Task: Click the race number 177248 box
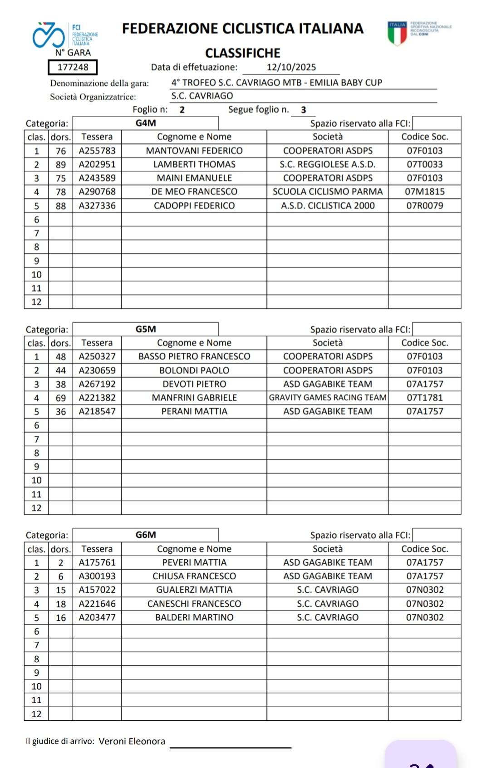point(73,68)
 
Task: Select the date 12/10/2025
point(291,68)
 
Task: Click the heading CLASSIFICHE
point(242,53)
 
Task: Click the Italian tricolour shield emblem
point(397,33)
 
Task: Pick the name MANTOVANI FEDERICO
point(194,151)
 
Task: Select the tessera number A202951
point(97,164)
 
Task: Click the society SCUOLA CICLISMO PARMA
point(327,192)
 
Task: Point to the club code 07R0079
point(424,206)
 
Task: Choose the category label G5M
point(146,329)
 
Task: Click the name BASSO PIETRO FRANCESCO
point(194,356)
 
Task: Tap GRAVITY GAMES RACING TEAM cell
point(327,398)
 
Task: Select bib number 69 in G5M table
point(61,398)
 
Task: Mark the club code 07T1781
point(424,398)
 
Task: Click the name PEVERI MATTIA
point(194,562)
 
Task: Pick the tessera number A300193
point(97,576)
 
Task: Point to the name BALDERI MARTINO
point(194,617)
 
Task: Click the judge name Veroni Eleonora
point(132,741)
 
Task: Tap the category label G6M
point(146,535)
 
